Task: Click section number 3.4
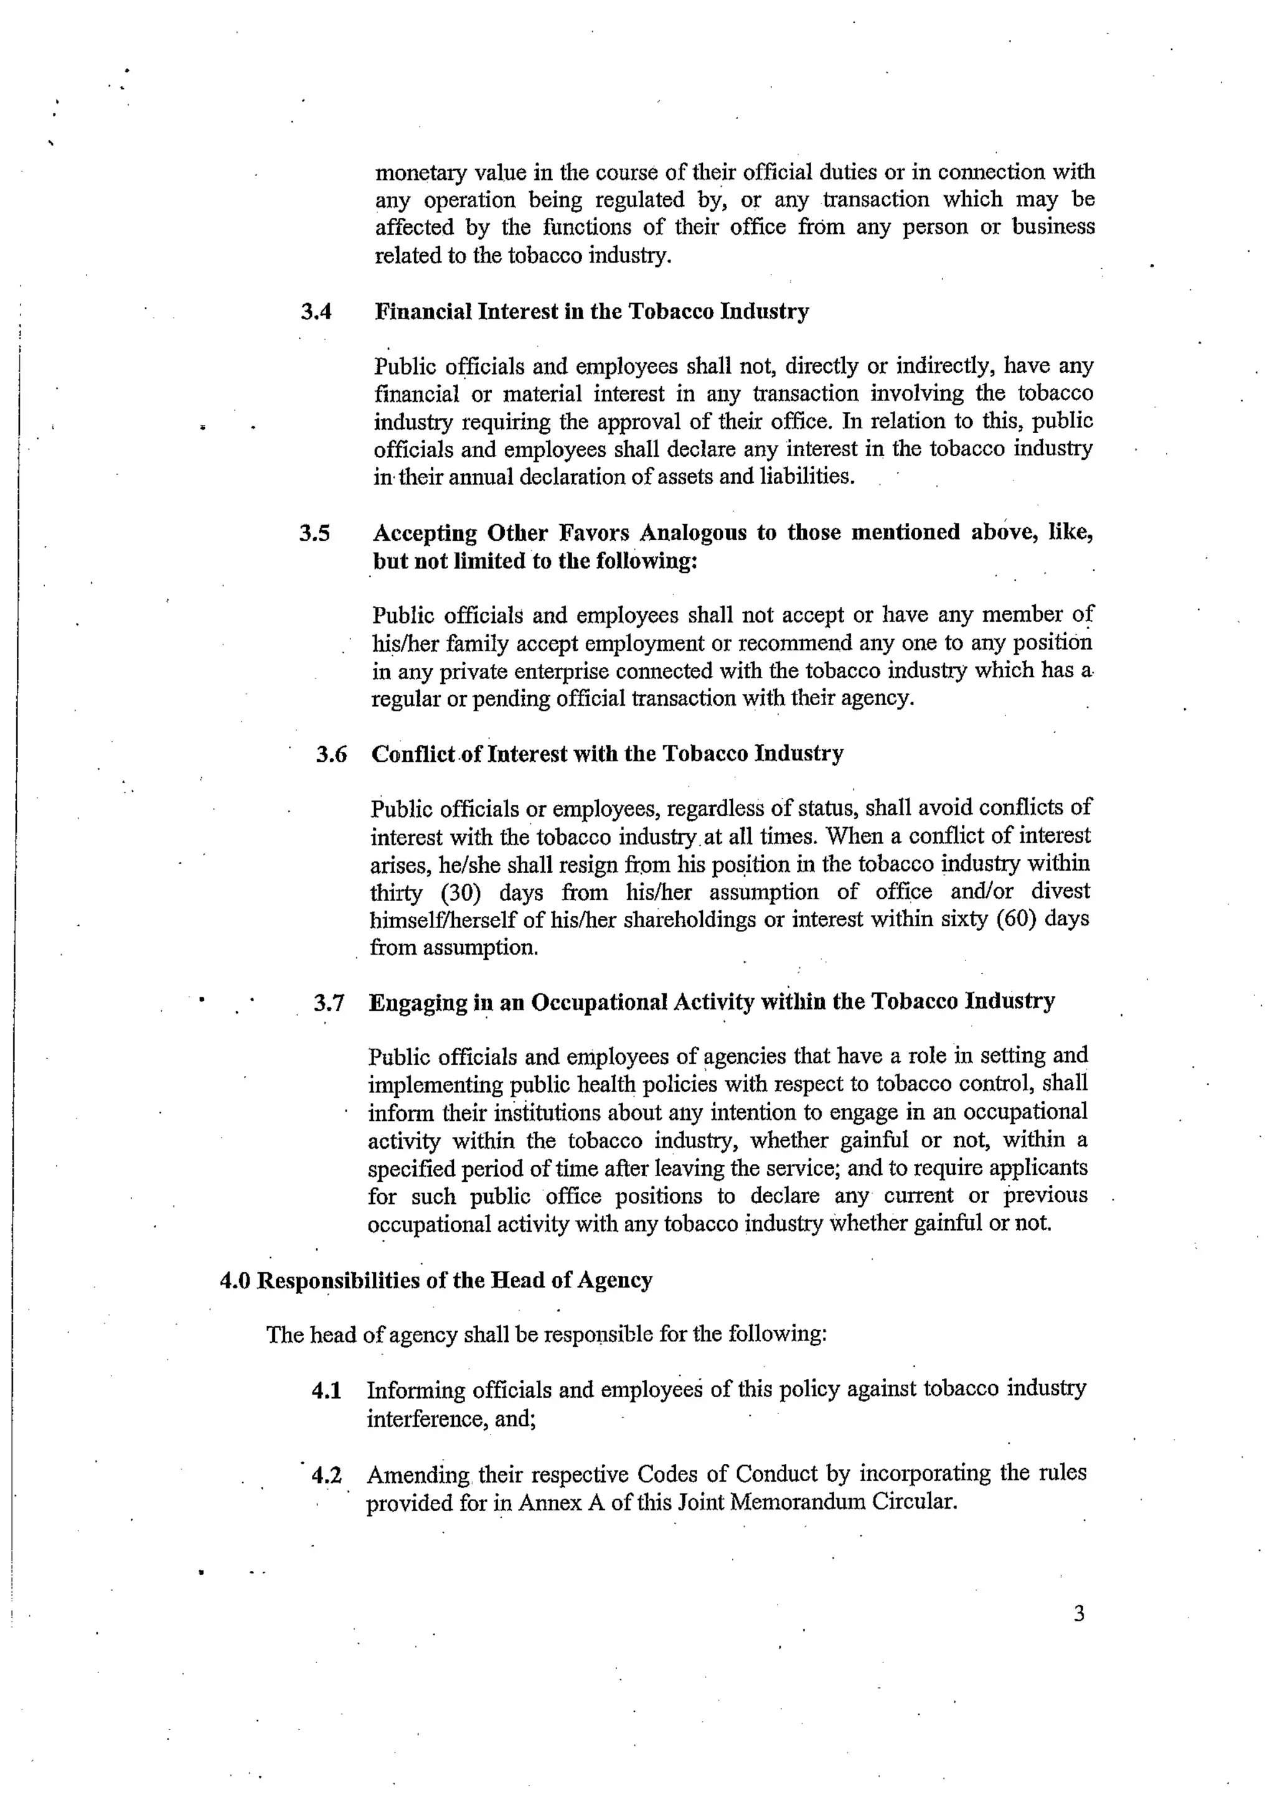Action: (316, 312)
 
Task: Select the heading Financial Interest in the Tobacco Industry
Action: (591, 312)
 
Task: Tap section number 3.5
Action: (314, 533)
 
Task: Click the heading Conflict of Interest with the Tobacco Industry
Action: (606, 753)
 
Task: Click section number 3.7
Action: (329, 1003)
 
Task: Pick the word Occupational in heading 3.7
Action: (595, 1003)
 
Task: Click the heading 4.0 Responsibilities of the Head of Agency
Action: (436, 1281)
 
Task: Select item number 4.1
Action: (326, 1391)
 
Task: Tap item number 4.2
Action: (326, 1475)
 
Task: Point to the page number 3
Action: (1079, 1614)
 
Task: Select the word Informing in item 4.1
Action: (416, 1390)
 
